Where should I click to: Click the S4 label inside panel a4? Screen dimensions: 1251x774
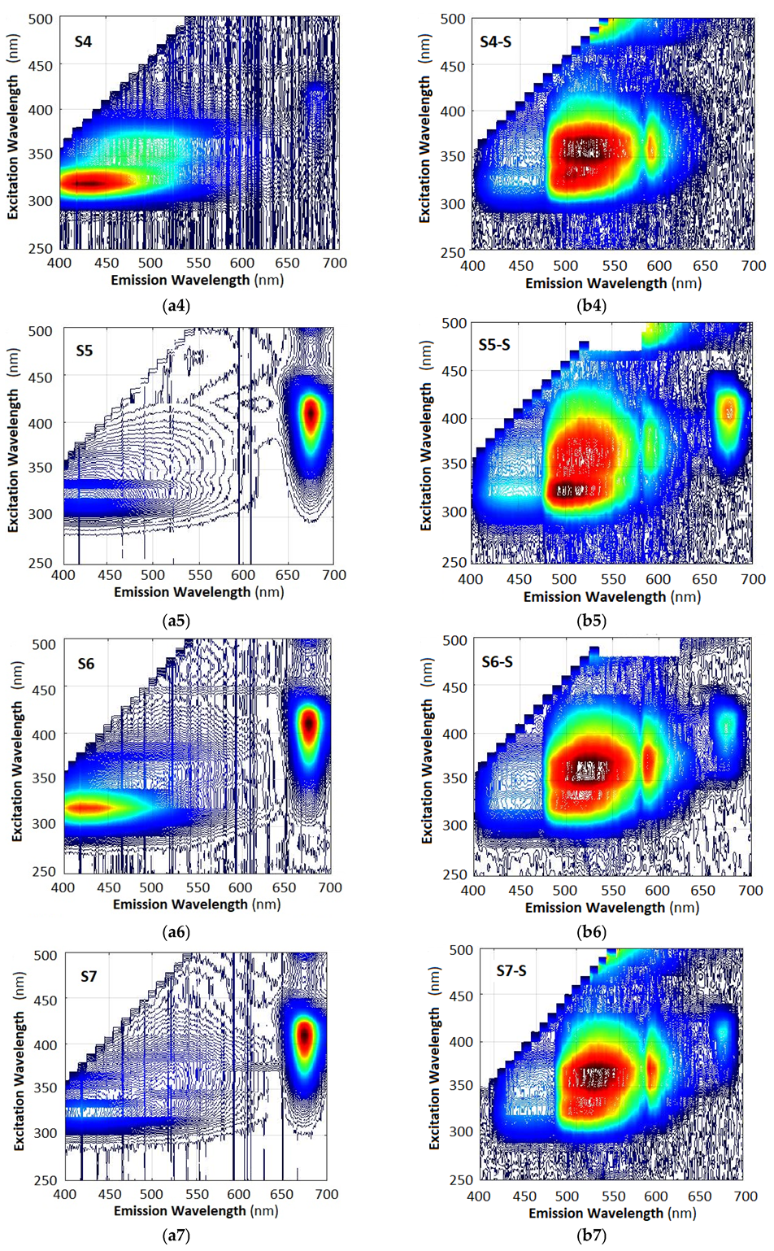83,41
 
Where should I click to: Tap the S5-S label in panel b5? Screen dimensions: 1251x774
494,345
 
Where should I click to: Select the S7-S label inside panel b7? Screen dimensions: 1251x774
511,971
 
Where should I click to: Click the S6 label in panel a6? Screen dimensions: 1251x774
86,664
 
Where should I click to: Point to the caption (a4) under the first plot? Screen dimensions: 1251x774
176,306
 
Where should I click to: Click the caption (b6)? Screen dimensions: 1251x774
592,932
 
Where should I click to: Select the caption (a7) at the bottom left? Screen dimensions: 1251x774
176,1236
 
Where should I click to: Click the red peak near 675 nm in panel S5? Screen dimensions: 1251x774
310,413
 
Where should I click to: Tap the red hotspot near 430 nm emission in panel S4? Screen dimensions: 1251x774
89,183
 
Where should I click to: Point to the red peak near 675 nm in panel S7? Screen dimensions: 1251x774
304,1037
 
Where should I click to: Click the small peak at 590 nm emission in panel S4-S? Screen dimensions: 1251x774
651,148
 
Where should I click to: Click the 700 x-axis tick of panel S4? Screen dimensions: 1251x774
334,263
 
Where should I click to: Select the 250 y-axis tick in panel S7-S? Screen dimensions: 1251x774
462,1179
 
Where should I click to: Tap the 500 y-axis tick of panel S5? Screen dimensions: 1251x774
41,331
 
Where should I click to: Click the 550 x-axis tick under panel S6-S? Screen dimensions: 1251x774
613,891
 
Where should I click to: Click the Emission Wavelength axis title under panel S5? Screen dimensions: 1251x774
198,592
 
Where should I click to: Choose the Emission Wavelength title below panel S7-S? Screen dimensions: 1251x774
612,1213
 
